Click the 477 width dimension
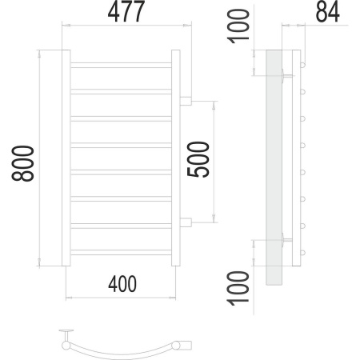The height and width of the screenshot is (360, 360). pos(126,11)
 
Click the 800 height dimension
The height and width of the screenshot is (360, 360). pos(23,163)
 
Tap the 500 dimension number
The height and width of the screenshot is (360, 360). pos(198,159)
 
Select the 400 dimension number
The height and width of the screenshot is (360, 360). pos(122,284)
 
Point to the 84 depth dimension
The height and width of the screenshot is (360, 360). pos(328,11)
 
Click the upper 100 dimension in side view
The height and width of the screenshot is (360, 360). pos(238,26)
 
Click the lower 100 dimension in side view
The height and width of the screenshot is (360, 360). pos(238,288)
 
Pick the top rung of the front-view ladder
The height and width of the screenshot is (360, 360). pos(121,65)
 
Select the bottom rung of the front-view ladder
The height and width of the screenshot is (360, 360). pos(121,252)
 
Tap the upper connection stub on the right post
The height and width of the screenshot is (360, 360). pos(186,101)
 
